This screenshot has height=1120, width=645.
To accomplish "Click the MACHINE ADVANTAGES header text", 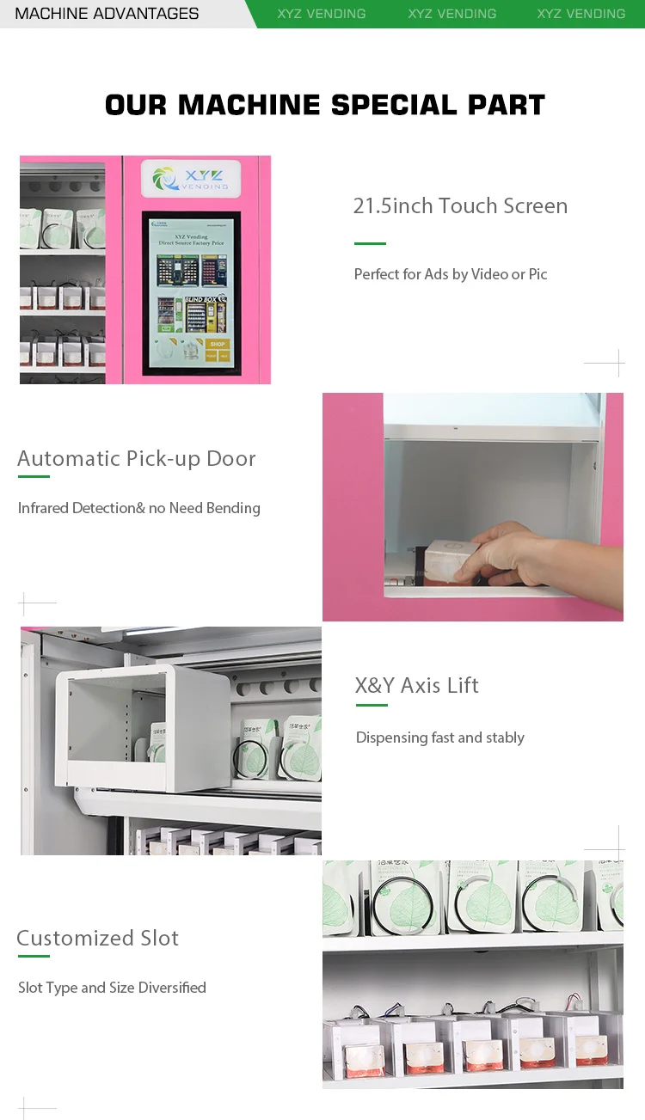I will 107,14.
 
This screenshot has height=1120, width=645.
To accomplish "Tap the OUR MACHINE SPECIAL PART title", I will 325,105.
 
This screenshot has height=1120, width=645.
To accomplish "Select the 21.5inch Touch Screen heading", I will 460,206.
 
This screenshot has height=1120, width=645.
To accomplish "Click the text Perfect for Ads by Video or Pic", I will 451,274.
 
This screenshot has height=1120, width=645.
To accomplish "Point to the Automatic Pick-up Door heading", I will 137,458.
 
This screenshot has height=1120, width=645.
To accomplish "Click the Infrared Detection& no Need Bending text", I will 138,508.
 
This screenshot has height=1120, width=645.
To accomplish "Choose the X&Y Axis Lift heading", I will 416,685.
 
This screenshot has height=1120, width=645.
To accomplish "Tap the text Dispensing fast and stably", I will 439,737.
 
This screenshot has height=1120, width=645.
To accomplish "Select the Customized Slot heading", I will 97,938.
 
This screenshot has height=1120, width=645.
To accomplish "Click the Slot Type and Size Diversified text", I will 112,988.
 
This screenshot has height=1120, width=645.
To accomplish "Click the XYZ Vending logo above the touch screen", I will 190,179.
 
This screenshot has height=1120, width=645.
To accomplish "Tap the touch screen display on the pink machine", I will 191,294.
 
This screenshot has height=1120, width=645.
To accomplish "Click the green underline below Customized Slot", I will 34,956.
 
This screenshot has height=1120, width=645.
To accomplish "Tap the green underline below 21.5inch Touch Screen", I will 370,243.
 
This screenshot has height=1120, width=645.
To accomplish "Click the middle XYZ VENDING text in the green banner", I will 451,14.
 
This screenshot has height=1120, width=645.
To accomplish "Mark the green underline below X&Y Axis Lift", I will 372,706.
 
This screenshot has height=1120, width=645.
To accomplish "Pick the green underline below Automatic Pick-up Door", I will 34,476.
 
